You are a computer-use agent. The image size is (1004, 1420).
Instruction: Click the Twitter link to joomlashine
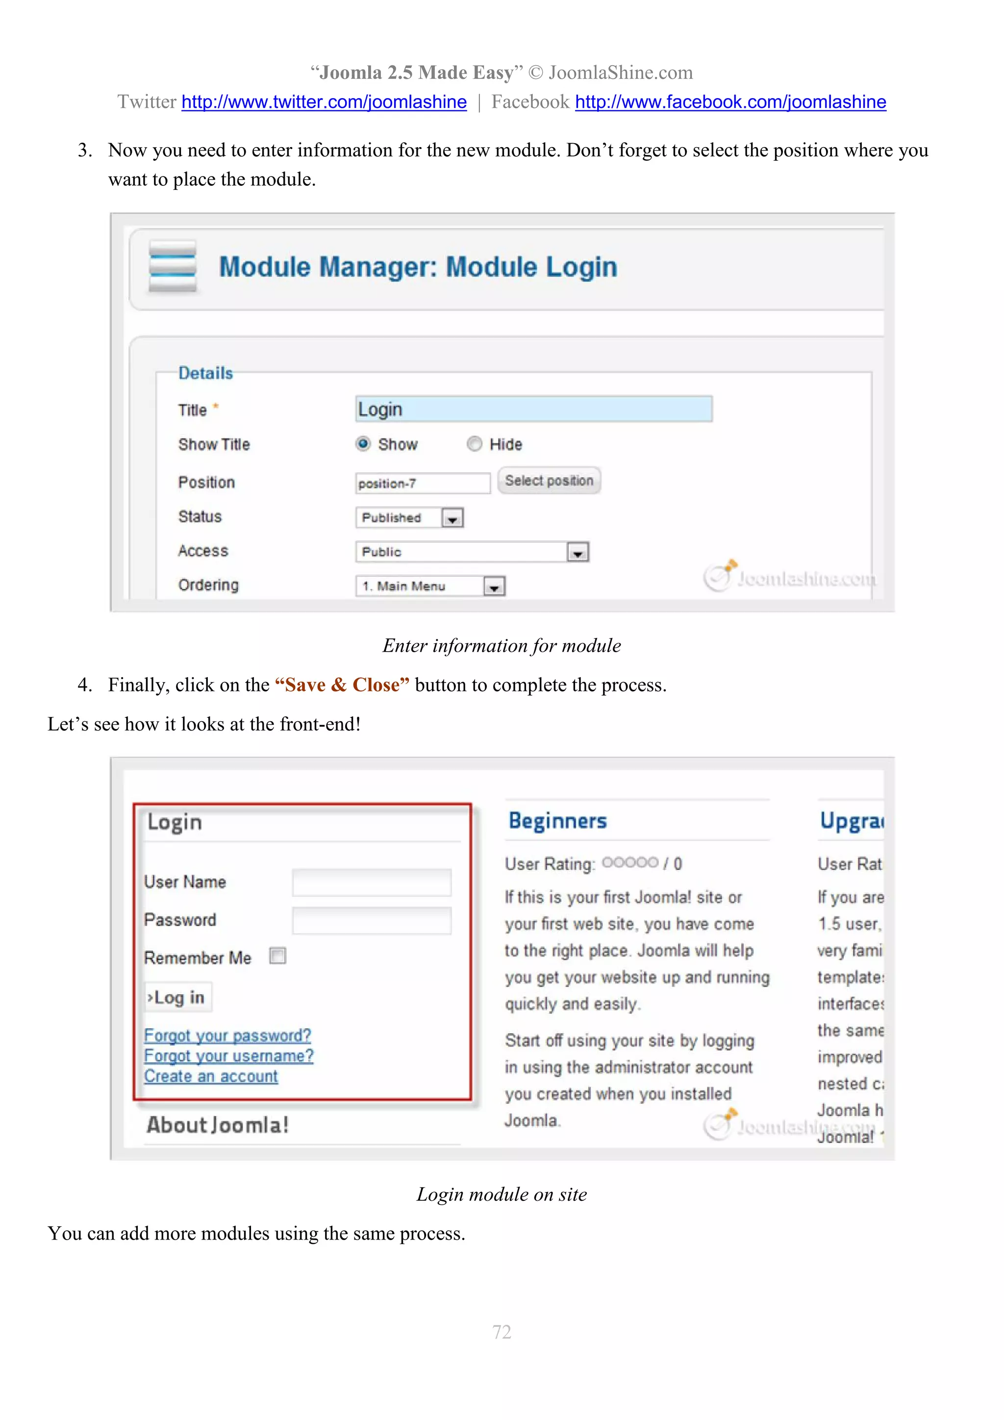pyautogui.click(x=324, y=102)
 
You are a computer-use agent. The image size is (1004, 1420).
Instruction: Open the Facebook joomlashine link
pyautogui.click(x=730, y=102)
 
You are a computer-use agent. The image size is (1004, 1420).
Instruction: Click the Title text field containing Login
pyautogui.click(x=533, y=409)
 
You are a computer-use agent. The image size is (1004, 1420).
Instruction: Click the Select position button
pyautogui.click(x=549, y=481)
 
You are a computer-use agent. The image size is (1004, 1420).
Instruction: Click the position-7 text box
pyautogui.click(x=422, y=483)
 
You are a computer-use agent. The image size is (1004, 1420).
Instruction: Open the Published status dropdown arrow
pyautogui.click(x=452, y=518)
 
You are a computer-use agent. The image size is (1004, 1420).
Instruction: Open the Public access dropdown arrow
pyautogui.click(x=578, y=552)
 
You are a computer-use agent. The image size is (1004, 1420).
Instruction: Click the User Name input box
pyautogui.click(x=372, y=883)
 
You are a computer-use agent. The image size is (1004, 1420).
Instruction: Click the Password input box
pyautogui.click(x=372, y=920)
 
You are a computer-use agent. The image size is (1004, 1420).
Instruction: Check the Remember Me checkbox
pyautogui.click(x=278, y=956)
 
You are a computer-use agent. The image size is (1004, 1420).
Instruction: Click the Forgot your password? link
pyautogui.click(x=227, y=1035)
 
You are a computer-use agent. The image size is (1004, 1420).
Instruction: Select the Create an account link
pyautogui.click(x=211, y=1076)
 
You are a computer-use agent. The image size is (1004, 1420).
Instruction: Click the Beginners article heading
pyautogui.click(x=557, y=821)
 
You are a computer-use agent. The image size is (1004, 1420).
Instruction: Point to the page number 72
pyautogui.click(x=502, y=1332)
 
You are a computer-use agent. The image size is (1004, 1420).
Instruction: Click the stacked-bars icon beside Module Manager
pyautogui.click(x=173, y=266)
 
